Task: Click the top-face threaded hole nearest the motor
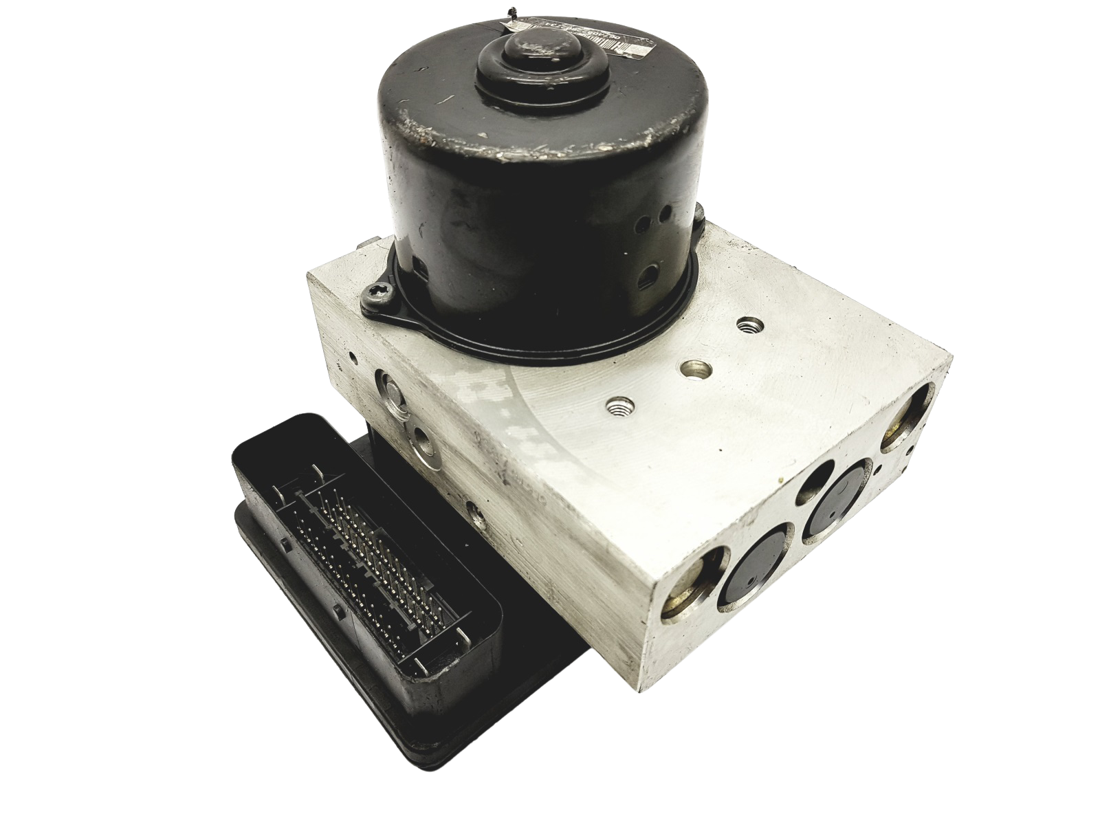(x=745, y=323)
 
